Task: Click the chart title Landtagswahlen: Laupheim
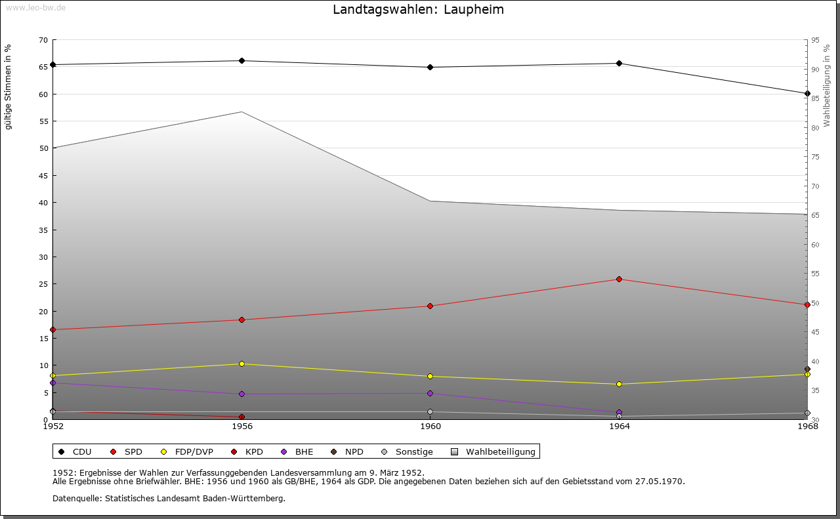pyautogui.click(x=418, y=10)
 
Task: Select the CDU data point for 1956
pyautogui.click(x=241, y=61)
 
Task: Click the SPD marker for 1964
pyautogui.click(x=619, y=280)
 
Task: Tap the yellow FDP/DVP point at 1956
pyautogui.click(x=241, y=364)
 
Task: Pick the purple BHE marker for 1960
pyautogui.click(x=430, y=394)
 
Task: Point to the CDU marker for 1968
pyautogui.click(x=807, y=94)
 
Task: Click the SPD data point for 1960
pyautogui.click(x=430, y=306)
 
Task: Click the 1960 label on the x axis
pyautogui.click(x=430, y=426)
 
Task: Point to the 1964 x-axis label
pyautogui.click(x=619, y=426)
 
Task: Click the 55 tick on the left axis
pyautogui.click(x=43, y=121)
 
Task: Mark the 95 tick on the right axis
pyautogui.click(x=816, y=40)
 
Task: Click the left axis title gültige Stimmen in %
pyautogui.click(x=9, y=87)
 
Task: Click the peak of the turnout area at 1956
pyautogui.click(x=241, y=112)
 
